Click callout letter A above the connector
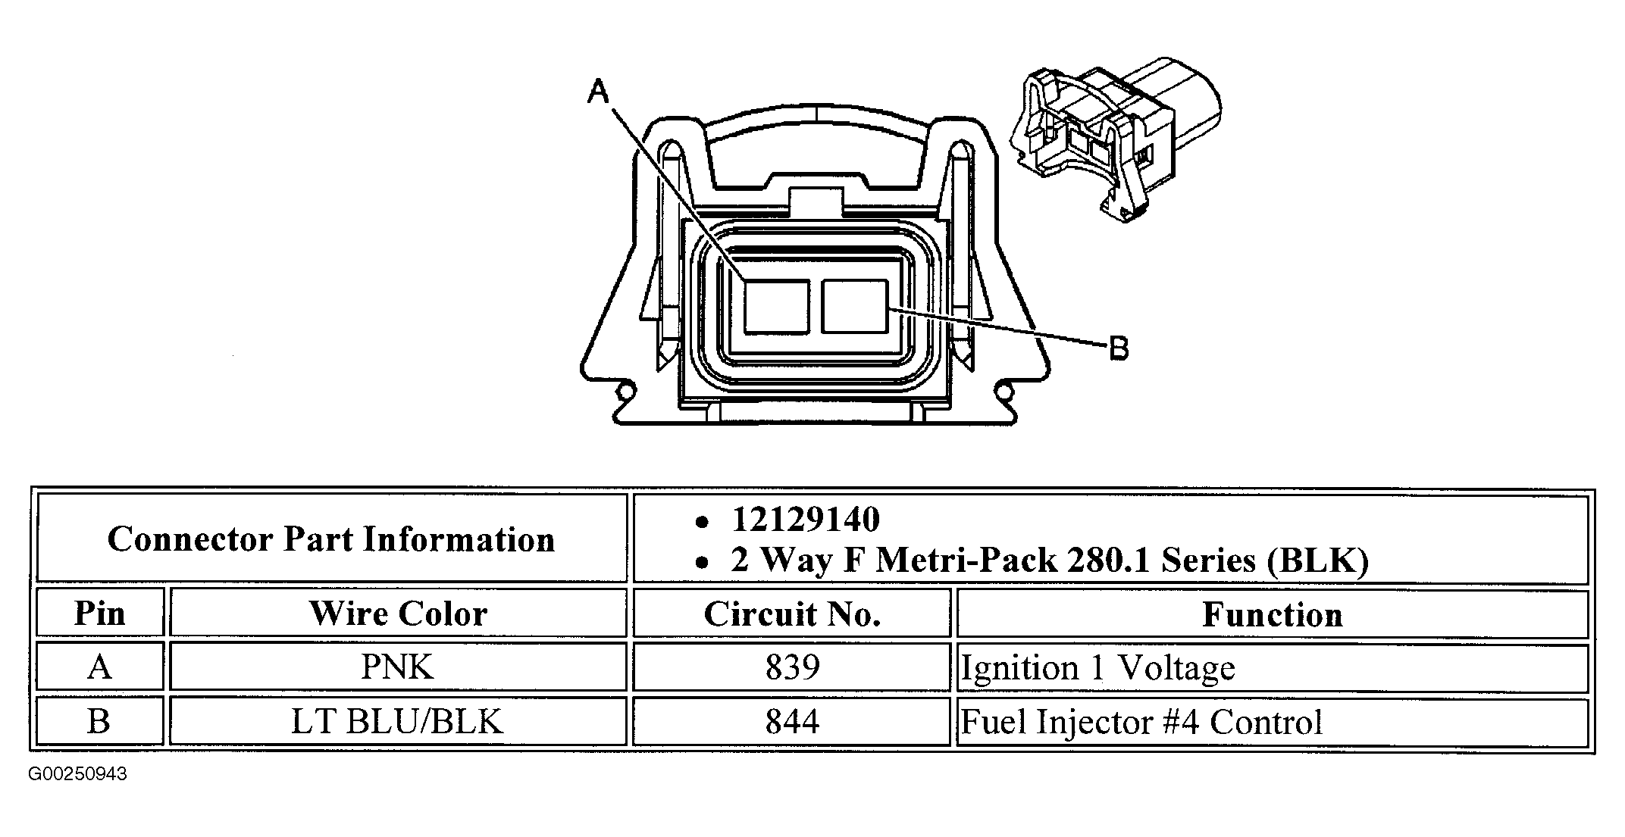click(x=599, y=92)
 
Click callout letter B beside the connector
click(x=1119, y=349)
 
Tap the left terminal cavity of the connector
click(x=775, y=307)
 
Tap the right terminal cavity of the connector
click(x=855, y=306)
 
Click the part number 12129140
click(x=806, y=520)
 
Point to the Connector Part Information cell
click(x=332, y=539)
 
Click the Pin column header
click(x=100, y=613)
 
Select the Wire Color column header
click(x=399, y=613)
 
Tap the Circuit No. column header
click(x=792, y=614)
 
